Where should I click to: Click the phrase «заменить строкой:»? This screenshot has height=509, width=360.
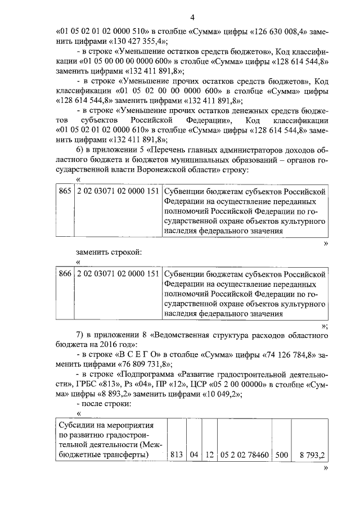click(109, 251)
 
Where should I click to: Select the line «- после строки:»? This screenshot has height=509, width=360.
click(103, 404)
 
